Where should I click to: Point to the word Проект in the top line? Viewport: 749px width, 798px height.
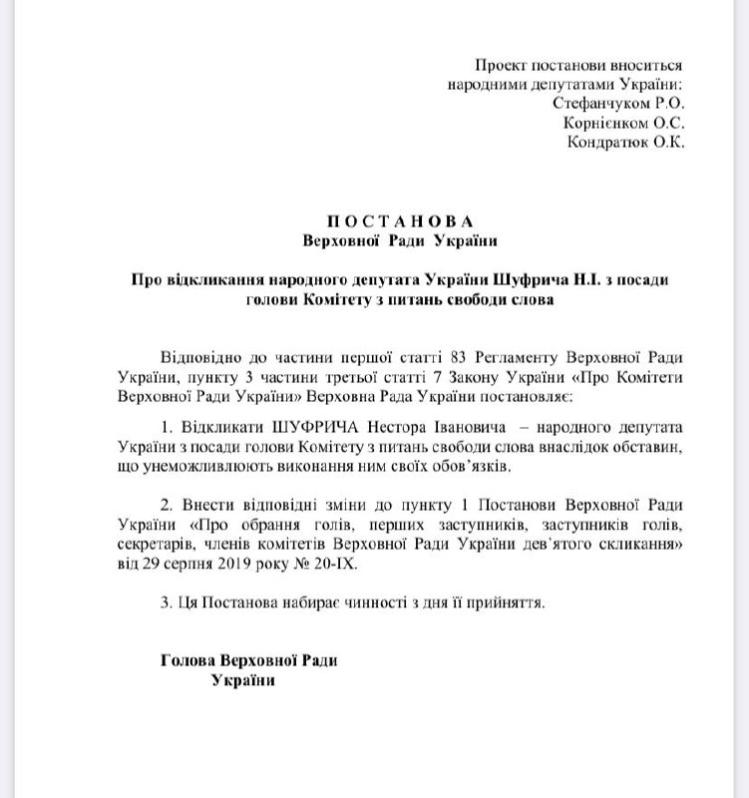click(x=500, y=64)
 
